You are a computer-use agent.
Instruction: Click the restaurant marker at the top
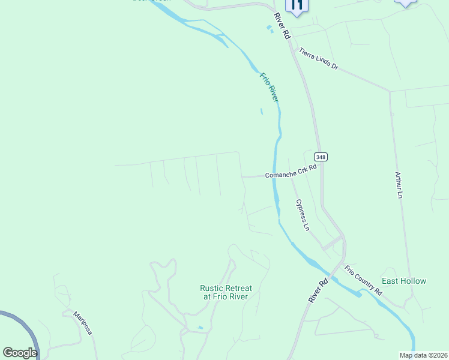click(297, 5)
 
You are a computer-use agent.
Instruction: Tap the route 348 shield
click(321, 157)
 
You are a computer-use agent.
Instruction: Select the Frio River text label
click(270, 87)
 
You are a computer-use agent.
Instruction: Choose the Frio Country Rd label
click(363, 280)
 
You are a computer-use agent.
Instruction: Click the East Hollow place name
click(404, 281)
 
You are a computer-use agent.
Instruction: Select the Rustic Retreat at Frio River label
click(226, 292)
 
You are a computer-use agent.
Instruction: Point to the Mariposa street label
click(82, 323)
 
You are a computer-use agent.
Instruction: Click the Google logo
click(20, 353)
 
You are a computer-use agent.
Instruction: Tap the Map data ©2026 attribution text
click(423, 355)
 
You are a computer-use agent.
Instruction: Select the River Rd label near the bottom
click(318, 290)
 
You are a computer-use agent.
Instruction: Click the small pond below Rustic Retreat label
click(200, 328)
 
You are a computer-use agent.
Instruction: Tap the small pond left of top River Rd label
click(270, 28)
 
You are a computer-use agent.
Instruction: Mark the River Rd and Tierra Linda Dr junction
click(292, 46)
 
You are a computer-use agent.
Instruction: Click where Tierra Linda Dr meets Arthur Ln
click(390, 91)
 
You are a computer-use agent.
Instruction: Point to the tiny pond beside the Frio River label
click(261, 111)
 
